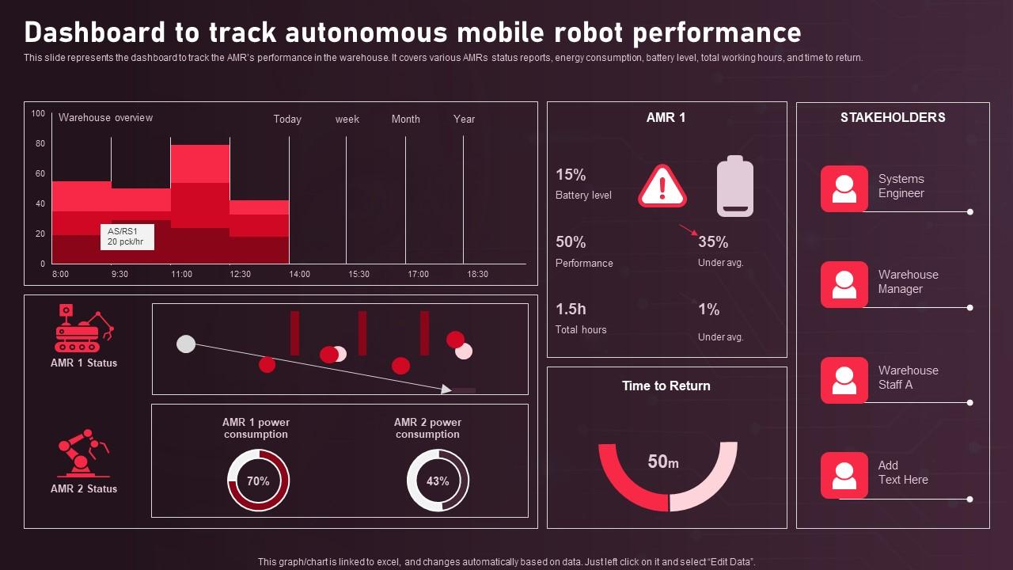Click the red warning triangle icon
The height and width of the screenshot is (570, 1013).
tap(662, 187)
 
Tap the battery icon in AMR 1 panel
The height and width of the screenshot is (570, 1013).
tap(734, 187)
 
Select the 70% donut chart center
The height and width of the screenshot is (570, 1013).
tap(258, 481)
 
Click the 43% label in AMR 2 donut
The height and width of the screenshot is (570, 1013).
tap(438, 481)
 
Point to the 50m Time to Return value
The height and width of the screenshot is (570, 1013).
tap(663, 462)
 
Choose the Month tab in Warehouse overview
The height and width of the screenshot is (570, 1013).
tap(405, 119)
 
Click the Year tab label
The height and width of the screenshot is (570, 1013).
tap(464, 119)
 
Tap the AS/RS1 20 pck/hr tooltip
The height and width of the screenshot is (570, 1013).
tap(127, 236)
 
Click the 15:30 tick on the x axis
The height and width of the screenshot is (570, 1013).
tap(359, 274)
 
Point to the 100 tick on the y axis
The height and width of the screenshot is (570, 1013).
tap(38, 113)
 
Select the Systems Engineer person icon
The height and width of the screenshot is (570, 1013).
tap(844, 188)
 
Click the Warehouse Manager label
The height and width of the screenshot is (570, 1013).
tap(908, 282)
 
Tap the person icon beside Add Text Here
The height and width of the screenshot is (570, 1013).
tap(844, 475)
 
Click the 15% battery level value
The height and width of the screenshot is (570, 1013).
tap(571, 174)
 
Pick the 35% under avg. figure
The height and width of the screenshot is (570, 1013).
tap(713, 241)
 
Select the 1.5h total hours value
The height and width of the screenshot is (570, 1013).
tap(571, 309)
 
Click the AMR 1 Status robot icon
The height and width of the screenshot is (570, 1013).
tap(84, 328)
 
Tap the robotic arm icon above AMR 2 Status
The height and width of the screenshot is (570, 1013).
tap(84, 454)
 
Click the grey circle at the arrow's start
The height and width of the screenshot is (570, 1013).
tap(186, 344)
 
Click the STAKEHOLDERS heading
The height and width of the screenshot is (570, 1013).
tap(893, 117)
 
